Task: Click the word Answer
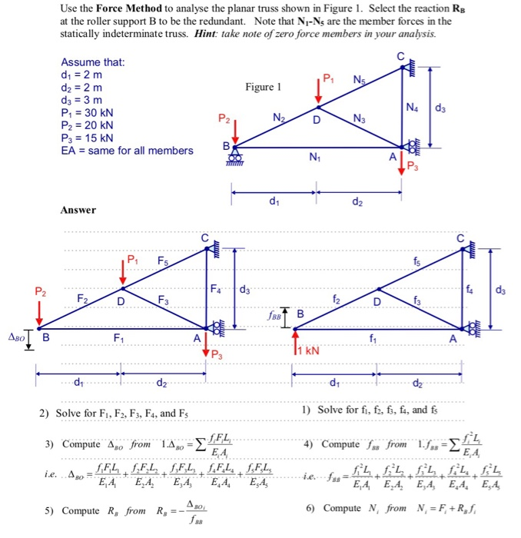(x=78, y=209)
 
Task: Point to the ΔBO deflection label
(x=16, y=336)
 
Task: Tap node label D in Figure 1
(x=316, y=121)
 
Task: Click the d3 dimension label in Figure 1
(x=440, y=108)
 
